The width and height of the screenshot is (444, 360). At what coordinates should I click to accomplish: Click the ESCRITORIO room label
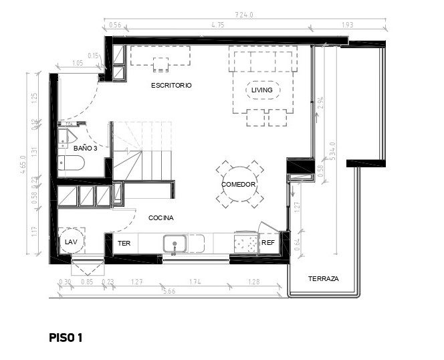[x=171, y=86]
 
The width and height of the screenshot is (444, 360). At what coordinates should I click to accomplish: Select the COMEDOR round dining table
[x=239, y=185]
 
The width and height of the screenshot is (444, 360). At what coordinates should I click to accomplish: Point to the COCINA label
[x=161, y=218]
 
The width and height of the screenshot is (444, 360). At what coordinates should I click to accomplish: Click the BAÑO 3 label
[x=86, y=148]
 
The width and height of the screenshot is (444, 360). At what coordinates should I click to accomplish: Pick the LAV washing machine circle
[x=70, y=242]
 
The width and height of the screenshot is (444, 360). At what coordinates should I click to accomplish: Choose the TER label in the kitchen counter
[x=124, y=244]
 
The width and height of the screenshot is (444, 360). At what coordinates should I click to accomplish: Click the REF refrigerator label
[x=268, y=244]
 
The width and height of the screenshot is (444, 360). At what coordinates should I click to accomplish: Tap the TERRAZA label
[x=323, y=278]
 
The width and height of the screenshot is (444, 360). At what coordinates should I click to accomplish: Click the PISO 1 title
[x=66, y=338]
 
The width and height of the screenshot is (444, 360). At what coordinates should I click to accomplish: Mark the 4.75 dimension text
[x=217, y=25]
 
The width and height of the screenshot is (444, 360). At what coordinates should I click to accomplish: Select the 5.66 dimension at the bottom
[x=170, y=292]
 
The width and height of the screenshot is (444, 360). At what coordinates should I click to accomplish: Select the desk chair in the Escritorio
[x=160, y=65]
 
